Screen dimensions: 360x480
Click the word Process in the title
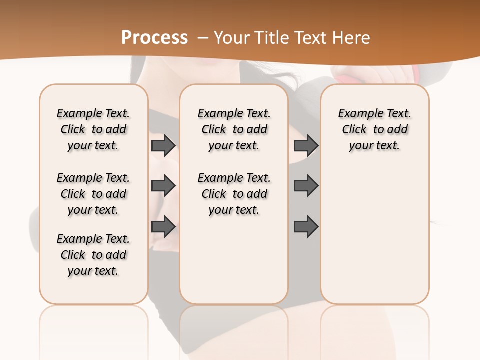pyautogui.click(x=154, y=38)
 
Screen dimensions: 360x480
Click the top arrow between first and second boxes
pyautogui.click(x=163, y=146)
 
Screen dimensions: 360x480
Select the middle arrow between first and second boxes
pyautogui.click(x=163, y=186)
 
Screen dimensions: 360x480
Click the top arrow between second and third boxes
pyautogui.click(x=306, y=146)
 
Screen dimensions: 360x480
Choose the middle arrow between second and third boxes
pyautogui.click(x=306, y=186)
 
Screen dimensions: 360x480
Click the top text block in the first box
pyautogui.click(x=93, y=129)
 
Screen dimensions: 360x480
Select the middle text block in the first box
pyautogui.click(x=93, y=194)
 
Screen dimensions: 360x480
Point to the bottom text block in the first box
pyautogui.click(x=93, y=255)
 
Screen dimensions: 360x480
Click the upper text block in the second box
pyautogui.click(x=234, y=129)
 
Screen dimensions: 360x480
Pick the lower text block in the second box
pyautogui.click(x=234, y=194)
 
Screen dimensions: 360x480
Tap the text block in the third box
pyautogui.click(x=374, y=129)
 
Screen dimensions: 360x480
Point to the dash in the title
pyautogui.click(x=203, y=38)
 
